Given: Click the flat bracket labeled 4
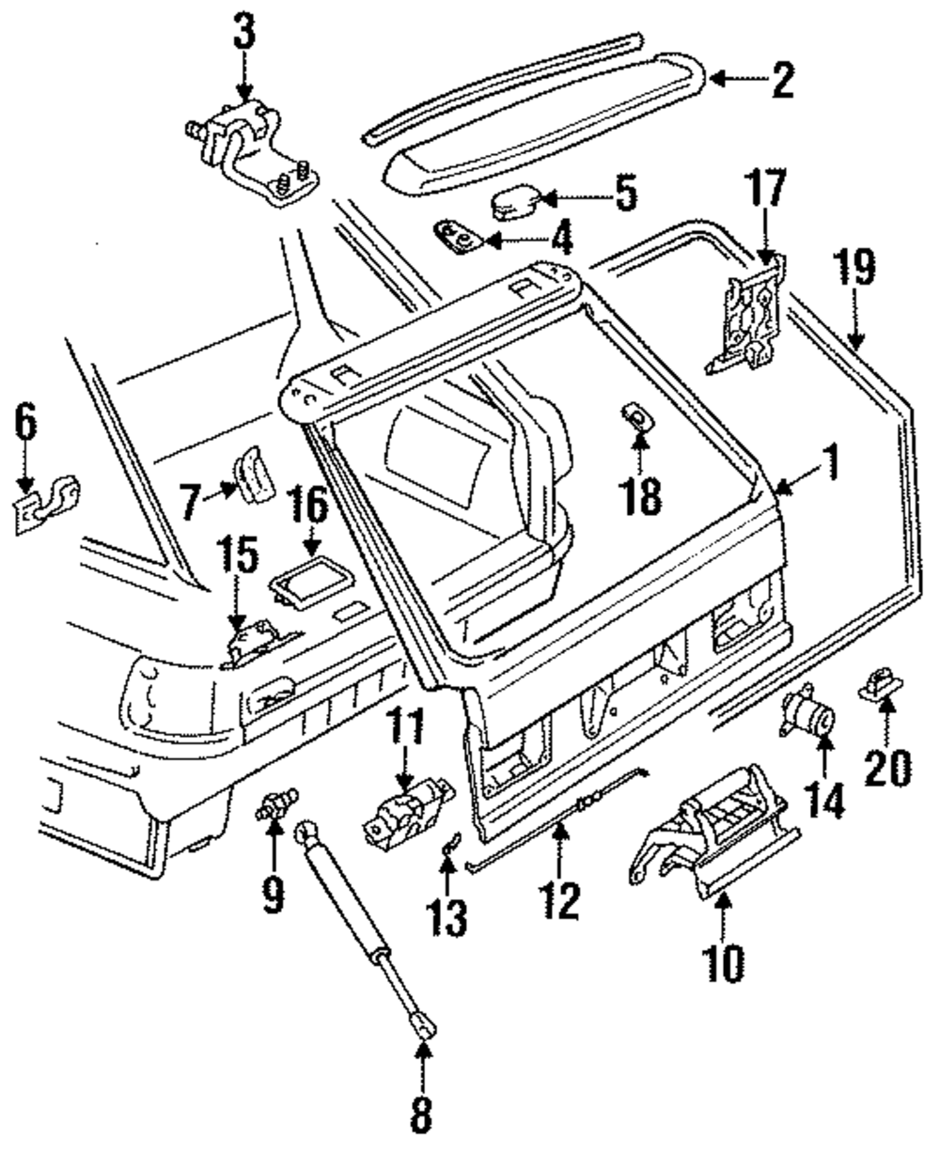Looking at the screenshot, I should click(460, 237).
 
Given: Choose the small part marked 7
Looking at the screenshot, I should click(252, 474).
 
